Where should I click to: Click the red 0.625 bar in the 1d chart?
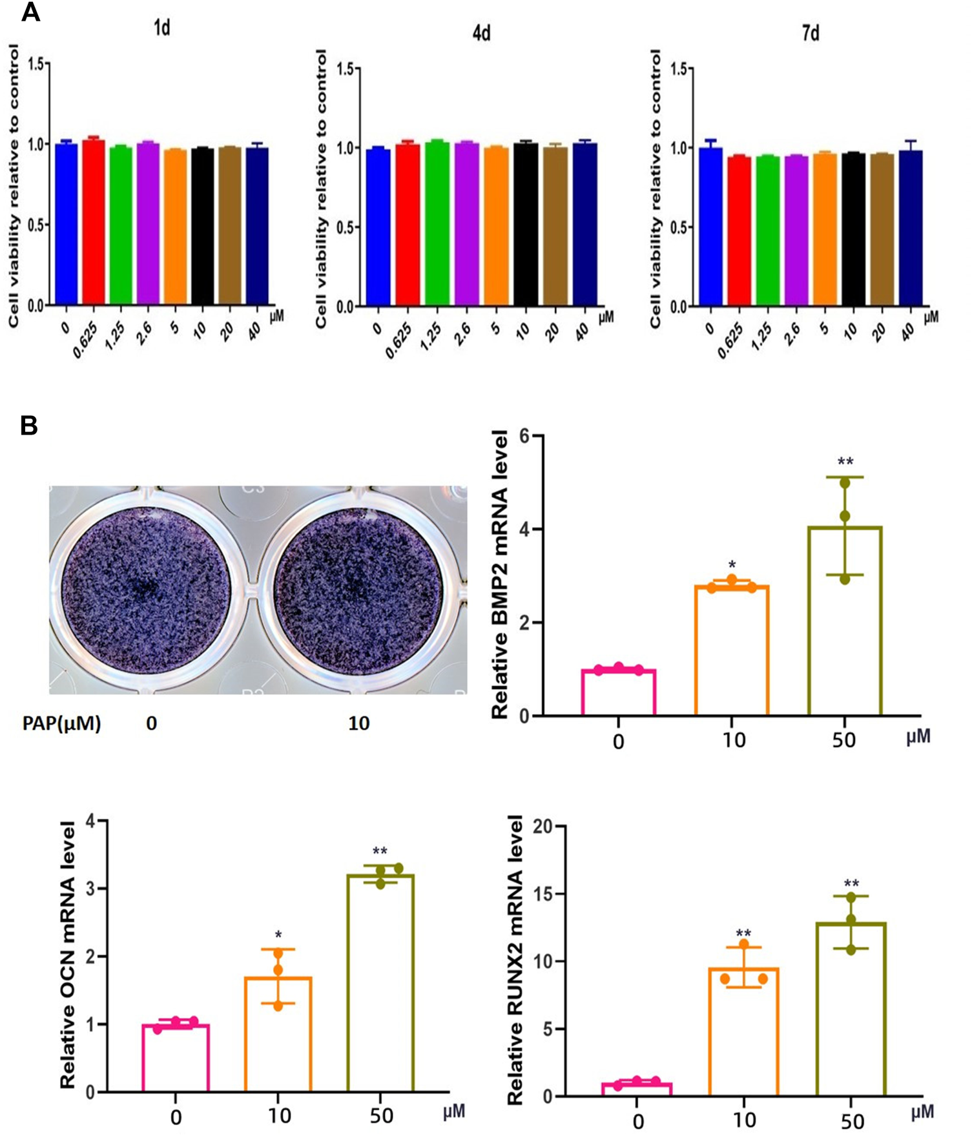tap(93, 223)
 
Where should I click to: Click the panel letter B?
tap(29, 426)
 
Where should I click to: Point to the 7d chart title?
tap(811, 33)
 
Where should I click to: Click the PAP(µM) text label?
tap(62, 723)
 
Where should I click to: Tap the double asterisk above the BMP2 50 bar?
tap(845, 462)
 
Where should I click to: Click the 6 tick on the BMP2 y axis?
tap(524, 437)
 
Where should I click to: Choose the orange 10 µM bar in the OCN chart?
tap(278, 1033)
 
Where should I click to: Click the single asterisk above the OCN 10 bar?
tap(278, 935)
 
